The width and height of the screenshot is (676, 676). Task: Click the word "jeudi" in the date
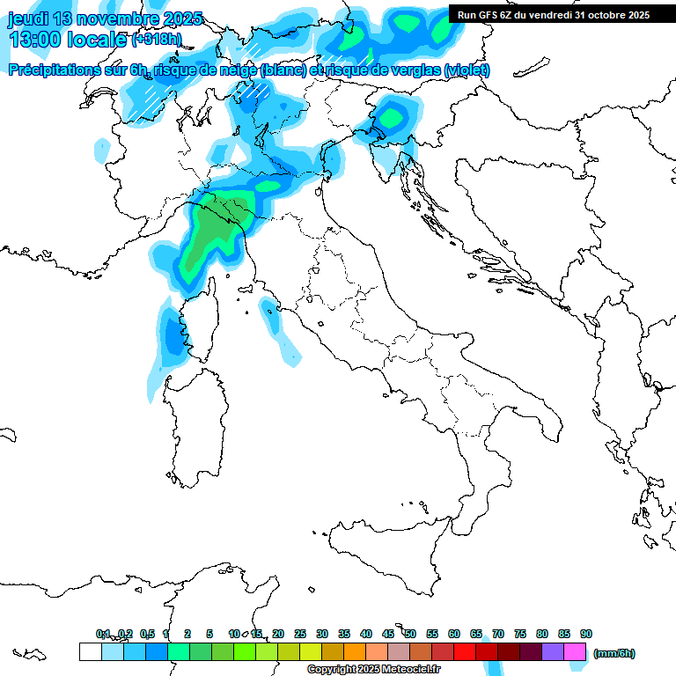pos(29,18)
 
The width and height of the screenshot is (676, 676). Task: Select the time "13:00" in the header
pos(34,40)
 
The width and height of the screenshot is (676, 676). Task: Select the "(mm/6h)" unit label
pos(614,653)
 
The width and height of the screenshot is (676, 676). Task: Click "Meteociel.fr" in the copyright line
pos(410,669)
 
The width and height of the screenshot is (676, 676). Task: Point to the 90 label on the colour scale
pos(586,634)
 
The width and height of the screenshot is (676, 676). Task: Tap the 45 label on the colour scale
pos(388,634)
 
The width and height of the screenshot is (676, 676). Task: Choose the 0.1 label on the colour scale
pos(103,634)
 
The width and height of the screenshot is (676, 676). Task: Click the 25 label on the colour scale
pos(300,634)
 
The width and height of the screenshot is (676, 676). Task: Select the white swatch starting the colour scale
pos(90,652)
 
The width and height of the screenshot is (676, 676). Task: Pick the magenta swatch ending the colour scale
pos(575,652)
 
